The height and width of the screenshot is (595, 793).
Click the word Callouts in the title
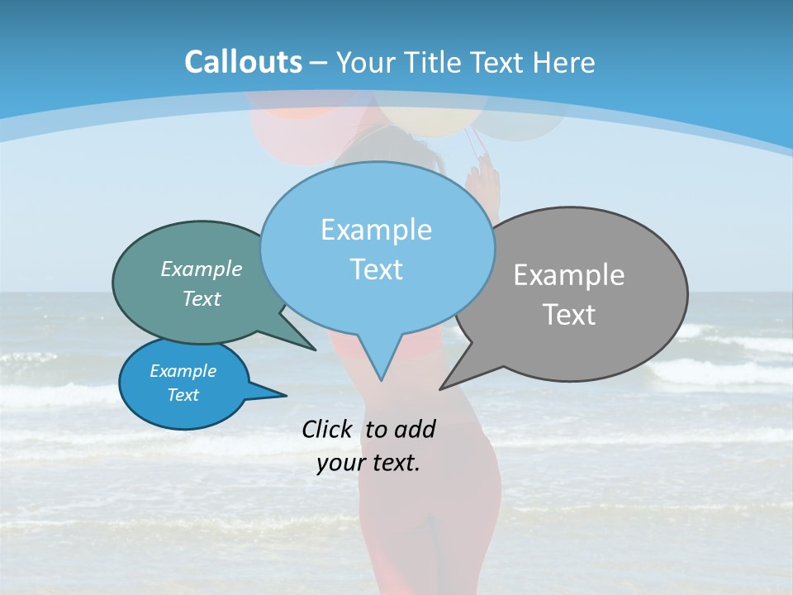243,62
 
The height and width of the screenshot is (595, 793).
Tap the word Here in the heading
564,62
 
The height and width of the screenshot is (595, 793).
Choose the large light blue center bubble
376,198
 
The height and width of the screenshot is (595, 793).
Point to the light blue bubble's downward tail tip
381,379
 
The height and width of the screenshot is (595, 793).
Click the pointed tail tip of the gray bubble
441,388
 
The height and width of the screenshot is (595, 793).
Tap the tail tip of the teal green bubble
315,350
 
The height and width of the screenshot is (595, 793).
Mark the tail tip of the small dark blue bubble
285,396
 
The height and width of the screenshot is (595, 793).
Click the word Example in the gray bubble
569,275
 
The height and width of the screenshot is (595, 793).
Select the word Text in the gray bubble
569,315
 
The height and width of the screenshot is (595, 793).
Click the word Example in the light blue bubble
376,230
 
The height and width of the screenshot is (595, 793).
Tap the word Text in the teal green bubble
202,299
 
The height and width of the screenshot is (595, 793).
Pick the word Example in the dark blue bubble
183,371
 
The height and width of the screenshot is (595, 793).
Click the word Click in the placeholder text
329,429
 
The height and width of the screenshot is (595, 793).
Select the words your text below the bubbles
368,463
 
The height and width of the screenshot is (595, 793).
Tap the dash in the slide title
320,63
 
